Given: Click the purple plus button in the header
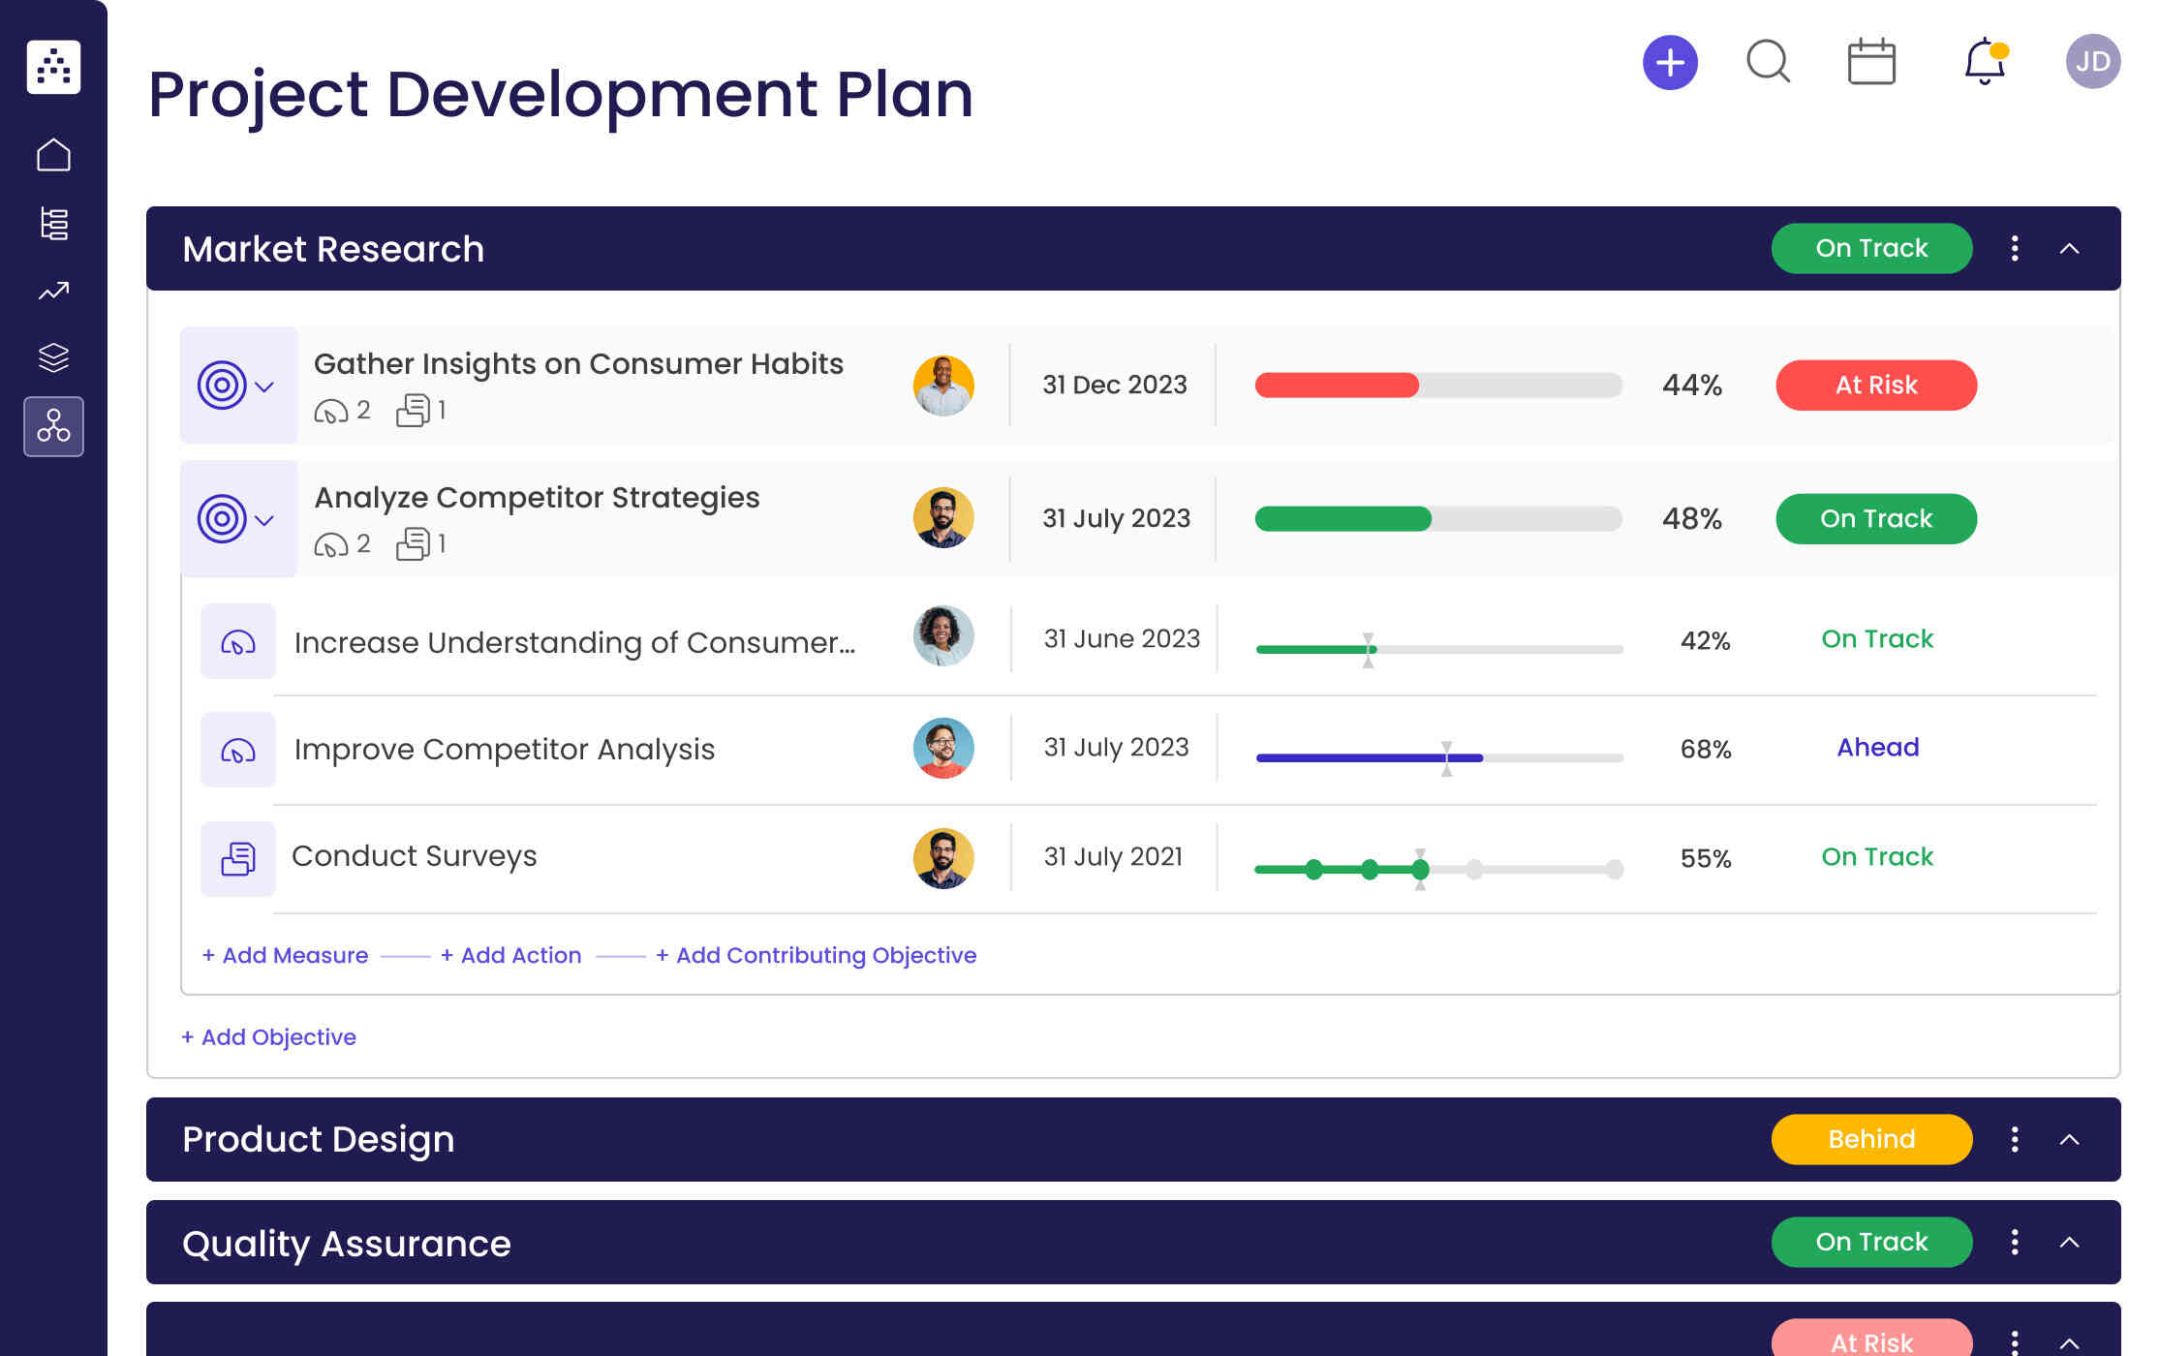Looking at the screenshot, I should pos(1670,63).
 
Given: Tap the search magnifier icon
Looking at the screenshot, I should pos(1768,62).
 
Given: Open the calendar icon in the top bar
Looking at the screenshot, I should pos(1871,62).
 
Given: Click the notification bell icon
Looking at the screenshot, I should pos(1984,62).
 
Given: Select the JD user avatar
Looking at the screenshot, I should pos(2092,62).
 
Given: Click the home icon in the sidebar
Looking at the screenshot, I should pos(53,155).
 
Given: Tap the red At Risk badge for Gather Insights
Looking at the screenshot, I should pos(1875,385).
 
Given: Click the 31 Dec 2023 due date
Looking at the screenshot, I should pos(1114,385).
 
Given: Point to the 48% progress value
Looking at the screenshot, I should pos(1691,519).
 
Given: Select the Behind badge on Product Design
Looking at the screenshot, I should pos(1870,1139).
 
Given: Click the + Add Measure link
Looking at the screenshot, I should pos(285,955).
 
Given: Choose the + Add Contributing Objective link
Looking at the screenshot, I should pos(816,955).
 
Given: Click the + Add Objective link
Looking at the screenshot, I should pos(268,1037).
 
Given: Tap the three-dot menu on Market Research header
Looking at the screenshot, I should pos(2015,249).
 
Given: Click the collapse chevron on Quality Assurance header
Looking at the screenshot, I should pos(2069,1243).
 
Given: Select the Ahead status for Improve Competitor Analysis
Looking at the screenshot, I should pos(1877,748).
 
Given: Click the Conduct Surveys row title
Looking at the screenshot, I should pos(414,856).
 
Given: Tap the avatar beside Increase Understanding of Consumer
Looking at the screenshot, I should pos(942,637).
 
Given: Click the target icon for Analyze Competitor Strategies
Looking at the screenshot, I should pos(222,519).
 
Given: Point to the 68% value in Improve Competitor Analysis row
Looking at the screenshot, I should pos(1705,750).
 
